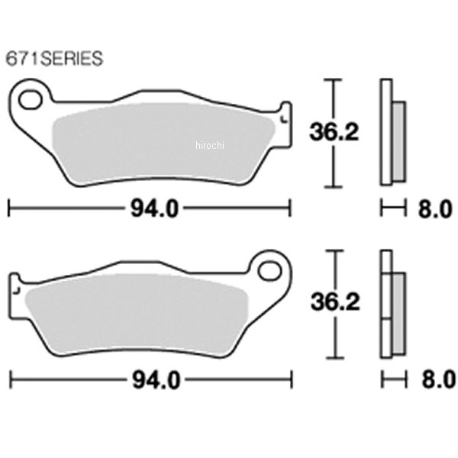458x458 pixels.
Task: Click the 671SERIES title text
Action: point(53,59)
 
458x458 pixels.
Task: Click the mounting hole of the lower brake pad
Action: point(269,270)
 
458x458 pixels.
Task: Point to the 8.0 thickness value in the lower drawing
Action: point(435,380)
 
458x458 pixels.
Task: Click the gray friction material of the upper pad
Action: point(160,141)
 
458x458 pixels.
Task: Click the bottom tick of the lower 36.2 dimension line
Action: point(330,357)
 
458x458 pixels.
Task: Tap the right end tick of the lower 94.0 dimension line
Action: point(291,379)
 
